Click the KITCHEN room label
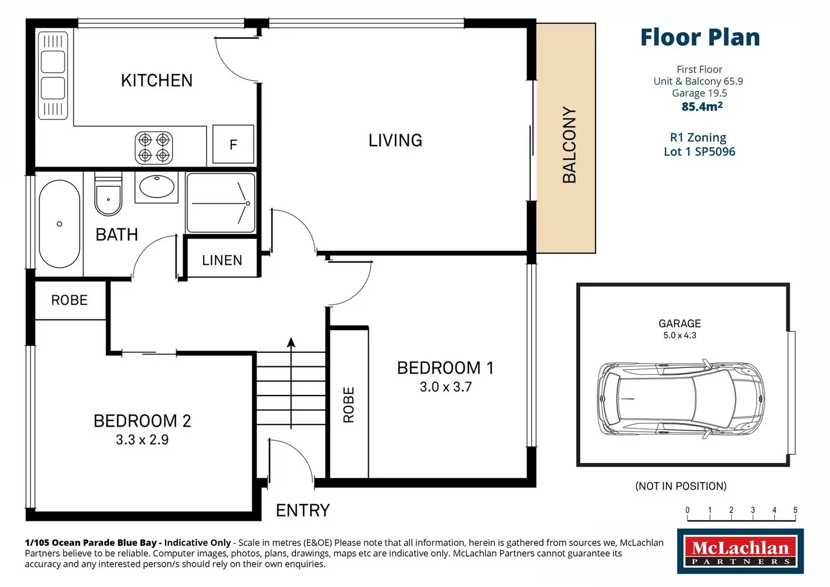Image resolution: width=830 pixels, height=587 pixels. [x=157, y=81]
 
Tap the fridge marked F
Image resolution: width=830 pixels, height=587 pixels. [x=233, y=144]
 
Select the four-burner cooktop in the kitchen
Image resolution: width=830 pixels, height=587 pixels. [x=154, y=147]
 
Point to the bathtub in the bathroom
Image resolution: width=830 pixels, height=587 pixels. [x=59, y=224]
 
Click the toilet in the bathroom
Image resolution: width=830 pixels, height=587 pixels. [x=108, y=194]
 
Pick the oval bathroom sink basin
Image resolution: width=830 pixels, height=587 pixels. [x=157, y=186]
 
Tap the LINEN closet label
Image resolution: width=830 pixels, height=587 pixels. [x=222, y=260]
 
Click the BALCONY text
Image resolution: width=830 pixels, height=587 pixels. [x=569, y=145]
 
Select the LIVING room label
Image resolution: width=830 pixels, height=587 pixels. [x=395, y=141]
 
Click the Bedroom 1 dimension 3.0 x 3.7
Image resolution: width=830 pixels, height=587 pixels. [x=446, y=387]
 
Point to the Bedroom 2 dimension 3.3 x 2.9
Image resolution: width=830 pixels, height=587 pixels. [x=142, y=440]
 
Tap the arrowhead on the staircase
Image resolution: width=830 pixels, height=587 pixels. [x=291, y=342]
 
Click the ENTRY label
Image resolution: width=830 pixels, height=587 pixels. [x=303, y=510]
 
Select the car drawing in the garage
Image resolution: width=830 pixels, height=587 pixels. [x=681, y=398]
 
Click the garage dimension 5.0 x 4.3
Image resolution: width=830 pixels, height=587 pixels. [x=679, y=335]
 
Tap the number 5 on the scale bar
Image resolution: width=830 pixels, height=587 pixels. [x=795, y=510]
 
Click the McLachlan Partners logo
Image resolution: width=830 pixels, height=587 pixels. [x=740, y=551]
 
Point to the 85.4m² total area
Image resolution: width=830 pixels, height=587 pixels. [x=702, y=107]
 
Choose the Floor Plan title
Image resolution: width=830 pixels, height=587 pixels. [x=700, y=37]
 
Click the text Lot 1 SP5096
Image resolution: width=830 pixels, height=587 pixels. [x=700, y=152]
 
